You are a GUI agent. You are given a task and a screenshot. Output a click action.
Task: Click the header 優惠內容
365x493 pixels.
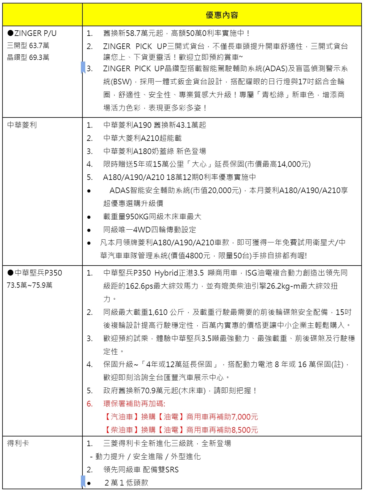click(x=222, y=15)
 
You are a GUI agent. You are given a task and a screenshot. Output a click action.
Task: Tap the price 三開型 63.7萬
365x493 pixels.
click(x=28, y=46)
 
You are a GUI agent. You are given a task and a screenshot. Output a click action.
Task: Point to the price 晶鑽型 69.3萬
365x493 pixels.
click(x=28, y=57)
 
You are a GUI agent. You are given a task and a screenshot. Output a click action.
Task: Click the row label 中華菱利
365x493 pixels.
click(x=22, y=125)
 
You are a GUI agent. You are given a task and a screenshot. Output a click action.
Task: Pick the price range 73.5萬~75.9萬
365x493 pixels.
click(x=30, y=285)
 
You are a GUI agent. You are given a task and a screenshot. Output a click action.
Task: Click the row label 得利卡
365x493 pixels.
click(x=18, y=443)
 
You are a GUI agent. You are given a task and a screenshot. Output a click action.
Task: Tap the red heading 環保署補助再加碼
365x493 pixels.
click(x=134, y=404)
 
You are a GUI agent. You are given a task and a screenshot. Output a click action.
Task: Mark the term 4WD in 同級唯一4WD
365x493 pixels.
click(x=142, y=230)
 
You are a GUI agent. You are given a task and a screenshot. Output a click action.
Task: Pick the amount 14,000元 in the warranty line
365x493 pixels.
click(x=293, y=164)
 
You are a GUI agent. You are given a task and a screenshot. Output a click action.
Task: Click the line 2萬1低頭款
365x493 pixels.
click(x=126, y=483)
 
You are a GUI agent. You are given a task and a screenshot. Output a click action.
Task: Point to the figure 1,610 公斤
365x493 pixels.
click(x=166, y=312)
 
